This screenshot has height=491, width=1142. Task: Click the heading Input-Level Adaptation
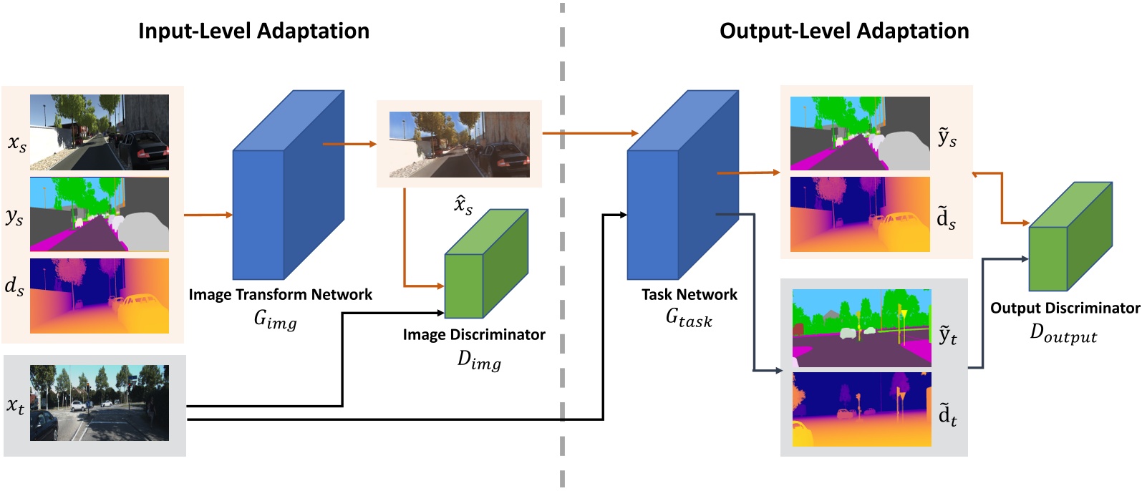254,31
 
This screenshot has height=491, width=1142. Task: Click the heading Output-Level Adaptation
844,31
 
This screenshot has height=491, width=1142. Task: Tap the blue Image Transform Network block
289,185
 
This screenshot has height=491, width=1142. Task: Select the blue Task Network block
683,185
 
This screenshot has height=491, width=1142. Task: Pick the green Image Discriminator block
486,264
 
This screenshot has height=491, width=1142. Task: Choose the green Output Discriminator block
1070,237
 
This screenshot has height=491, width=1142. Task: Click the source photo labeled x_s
100,132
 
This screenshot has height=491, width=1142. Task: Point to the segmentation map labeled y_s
100,214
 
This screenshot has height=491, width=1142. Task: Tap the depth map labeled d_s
100,296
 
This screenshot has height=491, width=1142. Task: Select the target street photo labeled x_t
100,403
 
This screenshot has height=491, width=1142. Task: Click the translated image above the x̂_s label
460,145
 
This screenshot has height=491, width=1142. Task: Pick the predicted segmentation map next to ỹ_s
860,134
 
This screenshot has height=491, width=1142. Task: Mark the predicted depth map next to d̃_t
861,409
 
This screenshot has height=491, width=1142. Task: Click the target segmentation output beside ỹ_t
861,328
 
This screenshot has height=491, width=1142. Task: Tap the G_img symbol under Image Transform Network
276,320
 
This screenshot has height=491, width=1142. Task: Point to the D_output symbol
1063,334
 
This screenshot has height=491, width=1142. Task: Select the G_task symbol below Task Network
689,319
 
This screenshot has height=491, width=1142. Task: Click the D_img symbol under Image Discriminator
479,361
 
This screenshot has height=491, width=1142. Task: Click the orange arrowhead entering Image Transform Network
229,215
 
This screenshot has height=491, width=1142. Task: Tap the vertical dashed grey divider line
562,245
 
